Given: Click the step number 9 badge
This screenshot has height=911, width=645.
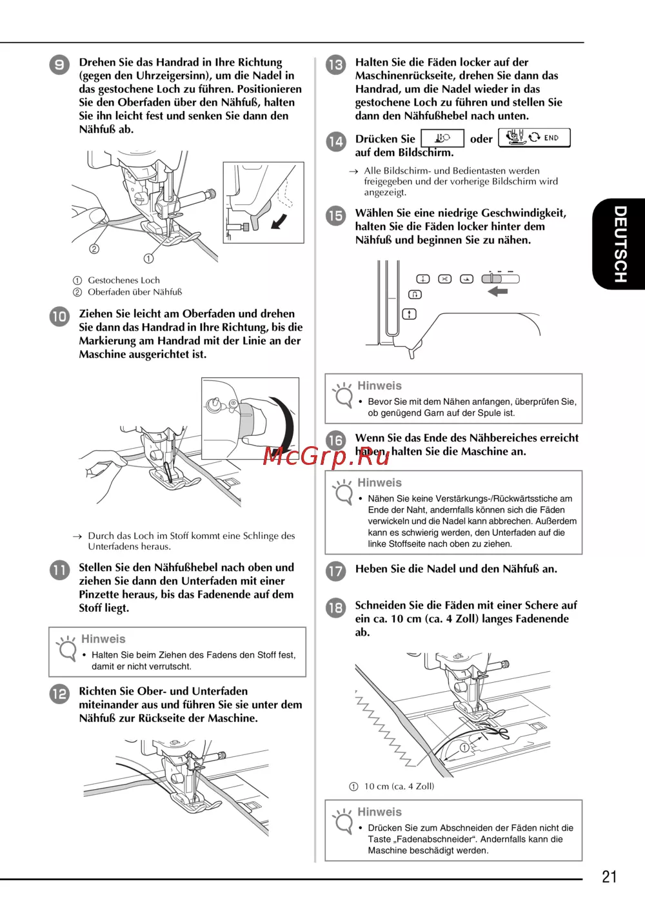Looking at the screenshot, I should (x=59, y=64).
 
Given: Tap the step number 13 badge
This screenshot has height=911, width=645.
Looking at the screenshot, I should (x=335, y=64).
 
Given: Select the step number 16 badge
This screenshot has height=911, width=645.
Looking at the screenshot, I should (x=335, y=440).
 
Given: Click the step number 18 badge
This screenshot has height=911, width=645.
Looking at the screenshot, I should (x=335, y=607).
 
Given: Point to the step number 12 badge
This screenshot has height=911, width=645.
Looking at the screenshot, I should (x=59, y=693).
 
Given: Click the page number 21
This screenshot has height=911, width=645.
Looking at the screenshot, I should (x=609, y=876).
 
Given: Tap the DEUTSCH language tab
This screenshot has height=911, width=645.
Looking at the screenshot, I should (x=619, y=244).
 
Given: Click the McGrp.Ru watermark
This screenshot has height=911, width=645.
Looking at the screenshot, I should (x=326, y=456).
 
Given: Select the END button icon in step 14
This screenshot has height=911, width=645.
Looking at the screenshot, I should (x=534, y=138).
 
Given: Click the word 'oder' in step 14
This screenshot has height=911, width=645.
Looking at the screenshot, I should (x=481, y=139).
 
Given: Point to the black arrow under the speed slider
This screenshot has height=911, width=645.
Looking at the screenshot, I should (x=498, y=291).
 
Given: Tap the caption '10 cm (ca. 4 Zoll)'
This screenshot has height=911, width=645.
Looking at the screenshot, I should (x=399, y=786).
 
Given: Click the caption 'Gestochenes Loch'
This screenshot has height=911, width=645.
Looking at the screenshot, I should (x=124, y=280).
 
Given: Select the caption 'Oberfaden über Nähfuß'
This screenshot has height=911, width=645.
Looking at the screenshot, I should (x=135, y=292).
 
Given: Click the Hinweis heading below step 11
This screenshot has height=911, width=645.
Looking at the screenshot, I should (x=103, y=639).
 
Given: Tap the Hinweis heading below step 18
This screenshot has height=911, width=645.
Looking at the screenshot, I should (x=379, y=812).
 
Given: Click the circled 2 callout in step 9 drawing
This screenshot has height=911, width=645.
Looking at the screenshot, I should (x=94, y=249).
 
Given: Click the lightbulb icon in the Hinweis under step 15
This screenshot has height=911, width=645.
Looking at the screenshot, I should (x=342, y=395).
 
